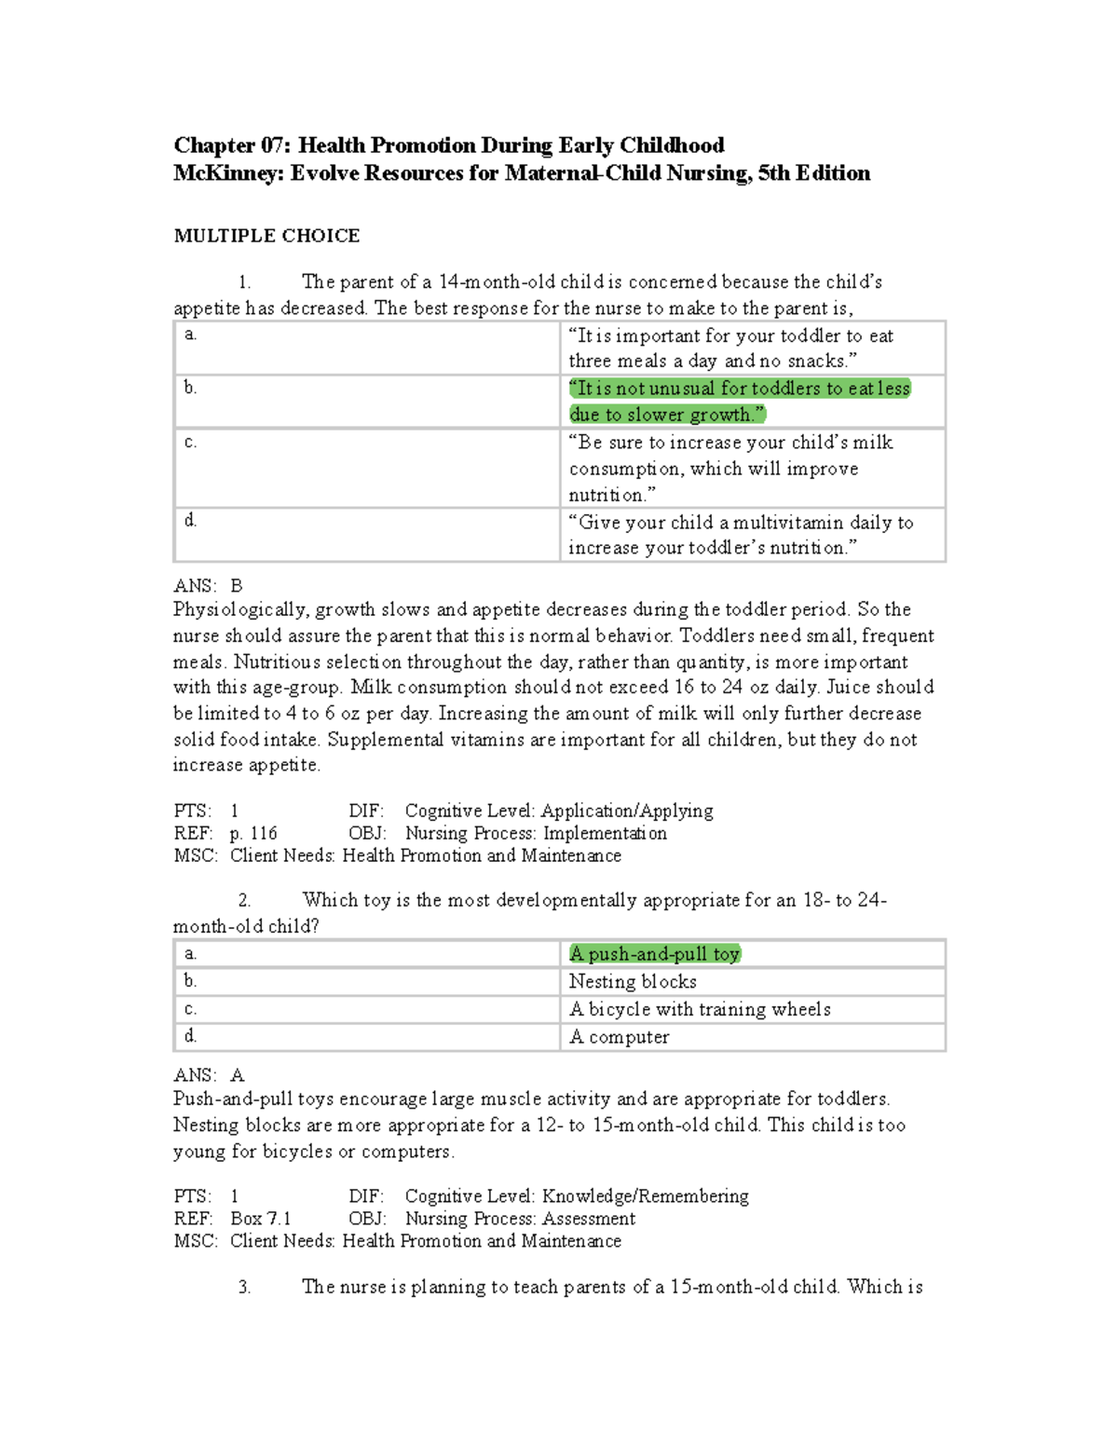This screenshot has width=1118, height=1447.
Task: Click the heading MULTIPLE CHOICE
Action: (266, 236)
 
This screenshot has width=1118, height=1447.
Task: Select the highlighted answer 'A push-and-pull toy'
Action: (654, 953)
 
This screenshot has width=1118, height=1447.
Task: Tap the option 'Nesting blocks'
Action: (633, 981)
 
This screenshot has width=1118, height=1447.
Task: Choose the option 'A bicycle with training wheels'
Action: (700, 1009)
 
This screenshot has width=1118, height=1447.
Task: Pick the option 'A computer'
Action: (619, 1037)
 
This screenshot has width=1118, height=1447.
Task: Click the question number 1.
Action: (244, 282)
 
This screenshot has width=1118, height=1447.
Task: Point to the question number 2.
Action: (244, 900)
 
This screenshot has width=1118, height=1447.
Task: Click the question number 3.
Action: (244, 1287)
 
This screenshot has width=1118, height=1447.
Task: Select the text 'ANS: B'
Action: (208, 586)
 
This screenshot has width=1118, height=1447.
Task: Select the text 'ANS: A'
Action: (208, 1075)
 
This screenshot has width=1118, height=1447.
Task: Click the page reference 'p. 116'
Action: (253, 833)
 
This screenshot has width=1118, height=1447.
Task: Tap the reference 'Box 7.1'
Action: (261, 1219)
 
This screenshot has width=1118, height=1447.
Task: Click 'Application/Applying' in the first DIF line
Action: (627, 811)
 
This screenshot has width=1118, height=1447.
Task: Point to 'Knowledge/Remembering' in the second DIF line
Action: (645, 1196)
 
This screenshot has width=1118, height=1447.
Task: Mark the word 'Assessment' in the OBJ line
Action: (589, 1219)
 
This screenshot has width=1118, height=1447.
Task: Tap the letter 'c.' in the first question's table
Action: (190, 442)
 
